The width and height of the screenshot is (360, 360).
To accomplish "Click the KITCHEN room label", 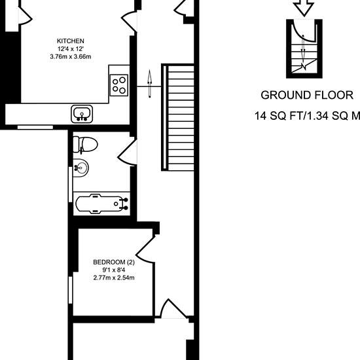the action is (x=71, y=41).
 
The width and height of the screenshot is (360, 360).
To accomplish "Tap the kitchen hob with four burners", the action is (x=119, y=85).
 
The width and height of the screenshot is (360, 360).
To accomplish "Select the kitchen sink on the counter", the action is (x=82, y=114).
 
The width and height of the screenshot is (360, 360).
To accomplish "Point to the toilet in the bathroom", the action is (x=85, y=145).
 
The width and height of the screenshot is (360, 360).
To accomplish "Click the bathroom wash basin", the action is (x=81, y=168).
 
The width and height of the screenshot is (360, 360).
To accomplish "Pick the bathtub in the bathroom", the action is (x=102, y=204).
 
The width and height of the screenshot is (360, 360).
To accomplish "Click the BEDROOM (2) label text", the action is (x=114, y=262).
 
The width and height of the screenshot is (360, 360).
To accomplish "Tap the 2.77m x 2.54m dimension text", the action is (x=114, y=278).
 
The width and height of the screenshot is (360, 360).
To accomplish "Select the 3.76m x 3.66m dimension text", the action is (x=71, y=56).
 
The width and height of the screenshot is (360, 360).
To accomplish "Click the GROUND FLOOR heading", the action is (x=307, y=95).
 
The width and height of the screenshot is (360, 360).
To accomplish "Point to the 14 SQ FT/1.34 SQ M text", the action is (x=307, y=115).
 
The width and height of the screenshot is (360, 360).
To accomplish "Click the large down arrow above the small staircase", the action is (x=304, y=9).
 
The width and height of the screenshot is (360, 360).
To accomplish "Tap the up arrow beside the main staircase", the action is (x=150, y=84).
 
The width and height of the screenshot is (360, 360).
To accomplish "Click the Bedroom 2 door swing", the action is (x=145, y=249).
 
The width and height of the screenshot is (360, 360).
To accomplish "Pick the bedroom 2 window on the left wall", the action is (x=71, y=290).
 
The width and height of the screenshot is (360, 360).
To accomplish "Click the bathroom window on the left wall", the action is (x=71, y=185).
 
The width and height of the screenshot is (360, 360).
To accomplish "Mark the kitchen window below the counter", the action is (x=35, y=127).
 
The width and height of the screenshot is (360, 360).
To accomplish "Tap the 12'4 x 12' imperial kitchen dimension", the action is (x=71, y=48).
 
